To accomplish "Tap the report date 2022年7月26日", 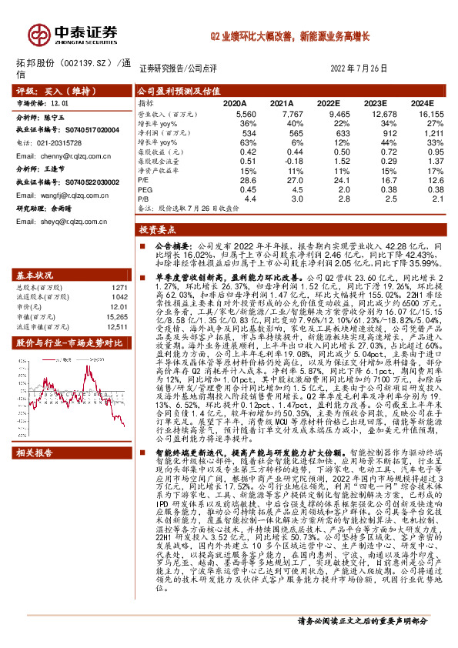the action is [363, 68].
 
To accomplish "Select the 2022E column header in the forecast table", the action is [329, 102].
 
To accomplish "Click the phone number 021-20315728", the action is [59, 144].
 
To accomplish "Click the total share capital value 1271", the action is [120, 287].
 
